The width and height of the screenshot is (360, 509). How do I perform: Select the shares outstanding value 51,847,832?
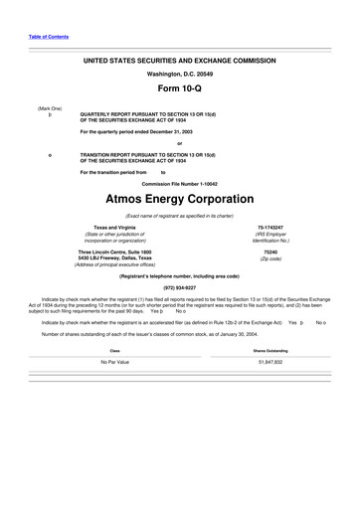pyautogui.click(x=270, y=362)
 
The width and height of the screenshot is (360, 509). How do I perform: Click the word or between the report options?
pyautogui.click(x=179, y=140)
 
